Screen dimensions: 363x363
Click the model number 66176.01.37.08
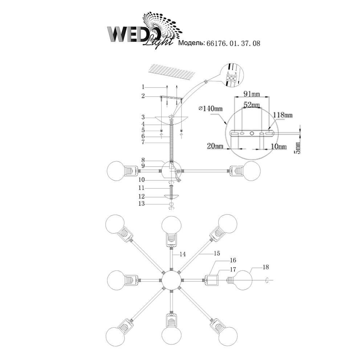coord(233,43)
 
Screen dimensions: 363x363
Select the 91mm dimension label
coord(252,95)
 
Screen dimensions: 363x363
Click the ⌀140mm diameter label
coord(211,109)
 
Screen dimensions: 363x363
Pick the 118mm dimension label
coord(283,115)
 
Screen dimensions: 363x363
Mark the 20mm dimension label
coord(215,146)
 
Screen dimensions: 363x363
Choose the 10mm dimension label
coord(278,146)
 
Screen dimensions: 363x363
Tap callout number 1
coord(143,87)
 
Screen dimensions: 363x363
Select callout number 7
coord(143,143)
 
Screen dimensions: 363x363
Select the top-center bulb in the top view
coord(171,225)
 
